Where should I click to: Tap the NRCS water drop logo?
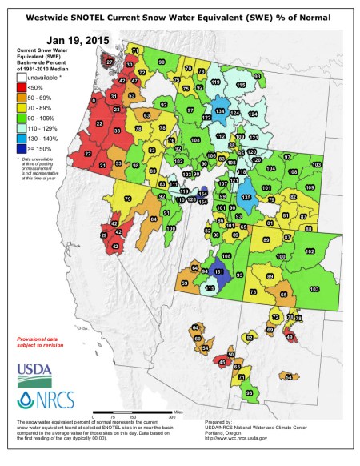click(x=40, y=399)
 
